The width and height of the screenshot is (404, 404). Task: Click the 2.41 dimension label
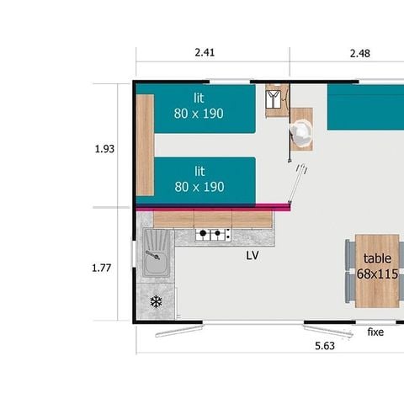click(205, 52)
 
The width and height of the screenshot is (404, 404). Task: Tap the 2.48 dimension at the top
click(360, 52)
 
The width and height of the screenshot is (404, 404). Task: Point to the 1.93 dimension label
click(104, 149)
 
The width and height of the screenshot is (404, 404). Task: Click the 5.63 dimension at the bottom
click(323, 345)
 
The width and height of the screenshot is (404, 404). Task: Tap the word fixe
click(375, 332)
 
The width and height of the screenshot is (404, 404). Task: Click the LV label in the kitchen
click(252, 255)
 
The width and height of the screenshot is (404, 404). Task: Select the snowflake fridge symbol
click(156, 301)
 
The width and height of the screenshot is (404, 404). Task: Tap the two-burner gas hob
click(214, 235)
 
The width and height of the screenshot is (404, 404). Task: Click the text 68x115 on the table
click(376, 274)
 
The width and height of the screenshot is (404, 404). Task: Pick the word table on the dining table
click(377, 259)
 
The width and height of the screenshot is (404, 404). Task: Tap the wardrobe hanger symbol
click(274, 100)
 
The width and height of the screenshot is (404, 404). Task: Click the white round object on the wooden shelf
click(301, 130)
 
